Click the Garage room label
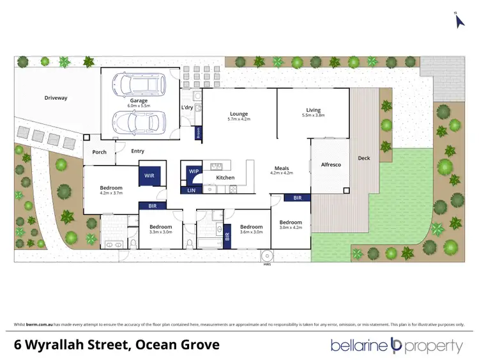click(x=139, y=101)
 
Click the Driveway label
click(x=56, y=98)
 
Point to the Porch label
click(x=99, y=152)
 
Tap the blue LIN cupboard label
click(x=191, y=190)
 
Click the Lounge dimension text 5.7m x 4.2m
click(x=240, y=120)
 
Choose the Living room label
click(x=313, y=110)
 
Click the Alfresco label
click(x=330, y=165)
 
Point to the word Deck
click(x=363, y=158)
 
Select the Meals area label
click(x=282, y=169)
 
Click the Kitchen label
click(x=225, y=178)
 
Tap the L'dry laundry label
click(x=187, y=107)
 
